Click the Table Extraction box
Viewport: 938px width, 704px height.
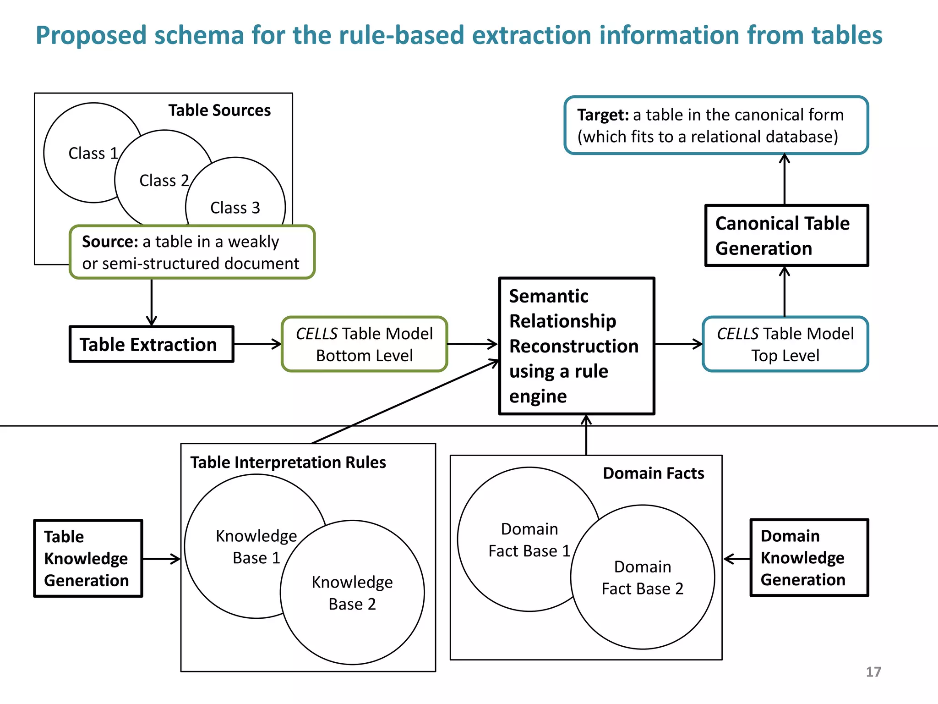(151, 344)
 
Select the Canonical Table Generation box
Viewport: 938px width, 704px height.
(786, 236)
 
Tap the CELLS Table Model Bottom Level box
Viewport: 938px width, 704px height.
(364, 344)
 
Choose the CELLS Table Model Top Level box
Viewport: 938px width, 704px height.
(785, 344)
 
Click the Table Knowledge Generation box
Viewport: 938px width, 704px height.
(88, 558)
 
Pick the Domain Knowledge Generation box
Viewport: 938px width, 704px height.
(809, 558)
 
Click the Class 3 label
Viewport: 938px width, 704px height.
(235, 208)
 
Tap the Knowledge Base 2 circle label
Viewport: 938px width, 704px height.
(352, 593)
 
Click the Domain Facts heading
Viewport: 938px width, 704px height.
(653, 473)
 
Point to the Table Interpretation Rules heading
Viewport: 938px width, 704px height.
(288, 462)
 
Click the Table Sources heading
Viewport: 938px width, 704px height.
(219, 110)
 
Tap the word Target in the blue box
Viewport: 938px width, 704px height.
(602, 115)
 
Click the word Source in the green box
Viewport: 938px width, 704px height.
(109, 242)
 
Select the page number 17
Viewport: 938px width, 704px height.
(873, 672)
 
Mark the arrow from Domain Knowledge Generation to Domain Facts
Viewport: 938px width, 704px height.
(736, 559)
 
